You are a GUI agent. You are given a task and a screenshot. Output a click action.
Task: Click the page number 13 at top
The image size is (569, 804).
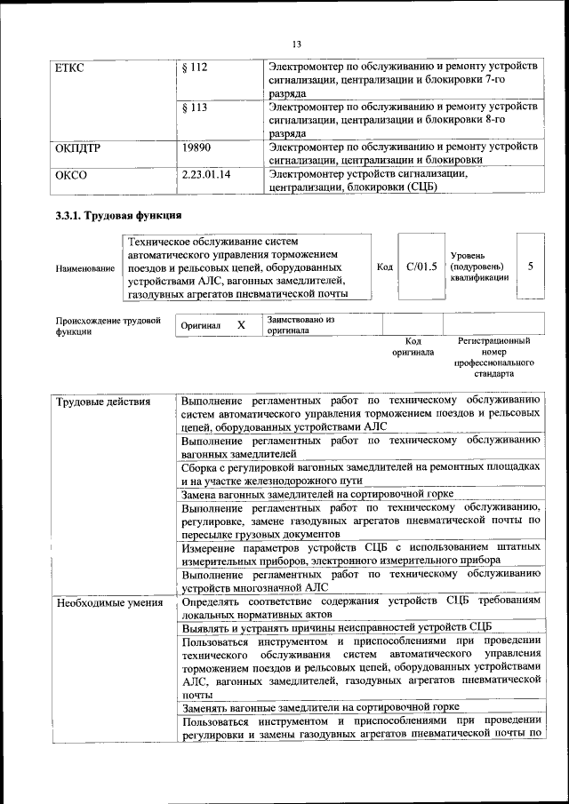(x=297, y=44)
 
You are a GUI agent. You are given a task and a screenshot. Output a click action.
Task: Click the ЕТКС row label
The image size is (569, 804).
(x=68, y=68)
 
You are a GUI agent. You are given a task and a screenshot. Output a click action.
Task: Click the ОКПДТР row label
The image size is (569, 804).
(x=77, y=147)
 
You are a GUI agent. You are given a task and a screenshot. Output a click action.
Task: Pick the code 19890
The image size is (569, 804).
(x=196, y=147)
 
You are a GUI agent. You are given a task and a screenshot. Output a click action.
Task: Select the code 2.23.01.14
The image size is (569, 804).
(x=205, y=175)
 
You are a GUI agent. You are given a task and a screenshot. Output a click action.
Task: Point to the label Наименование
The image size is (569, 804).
(x=84, y=267)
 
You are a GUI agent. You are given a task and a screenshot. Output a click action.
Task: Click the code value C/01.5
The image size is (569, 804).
(x=421, y=266)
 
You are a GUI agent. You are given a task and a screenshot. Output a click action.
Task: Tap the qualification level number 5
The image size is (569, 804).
(x=530, y=266)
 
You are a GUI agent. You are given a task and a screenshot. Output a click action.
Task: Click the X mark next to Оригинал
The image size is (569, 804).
(x=241, y=325)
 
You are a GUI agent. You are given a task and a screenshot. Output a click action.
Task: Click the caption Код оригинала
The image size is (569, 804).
(x=413, y=346)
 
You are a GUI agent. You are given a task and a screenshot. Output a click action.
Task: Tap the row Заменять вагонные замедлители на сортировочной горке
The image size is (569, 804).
(x=320, y=708)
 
